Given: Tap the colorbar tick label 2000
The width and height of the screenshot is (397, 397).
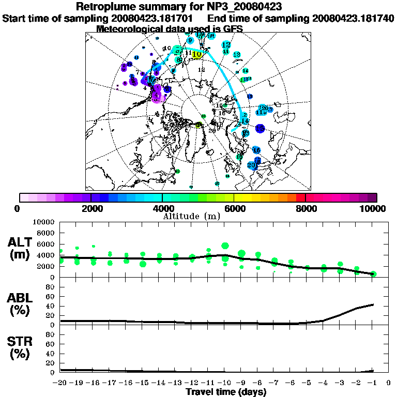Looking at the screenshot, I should coord(90,208).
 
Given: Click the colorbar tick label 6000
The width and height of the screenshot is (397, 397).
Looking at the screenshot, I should coord(234,208).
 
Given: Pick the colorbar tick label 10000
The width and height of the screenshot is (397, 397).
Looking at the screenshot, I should coord(373,208).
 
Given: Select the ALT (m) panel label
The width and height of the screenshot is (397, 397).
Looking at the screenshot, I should coord(21,248).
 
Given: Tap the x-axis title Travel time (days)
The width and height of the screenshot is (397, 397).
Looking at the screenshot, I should coord(226,392).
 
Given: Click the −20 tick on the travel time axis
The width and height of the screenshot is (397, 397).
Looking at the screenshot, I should coord(60,383).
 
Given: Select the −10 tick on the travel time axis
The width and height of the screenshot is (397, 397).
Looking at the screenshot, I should coord(224,383).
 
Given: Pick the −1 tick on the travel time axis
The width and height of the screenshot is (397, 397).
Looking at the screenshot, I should coord(372,383).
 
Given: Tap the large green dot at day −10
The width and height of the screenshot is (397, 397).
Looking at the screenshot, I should coord(225,246).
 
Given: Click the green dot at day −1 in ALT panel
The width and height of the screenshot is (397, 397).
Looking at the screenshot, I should coord(373,274).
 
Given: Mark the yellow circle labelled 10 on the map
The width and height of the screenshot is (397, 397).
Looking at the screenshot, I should coord(196,54).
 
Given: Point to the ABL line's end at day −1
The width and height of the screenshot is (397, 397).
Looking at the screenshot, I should coord(373,304).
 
